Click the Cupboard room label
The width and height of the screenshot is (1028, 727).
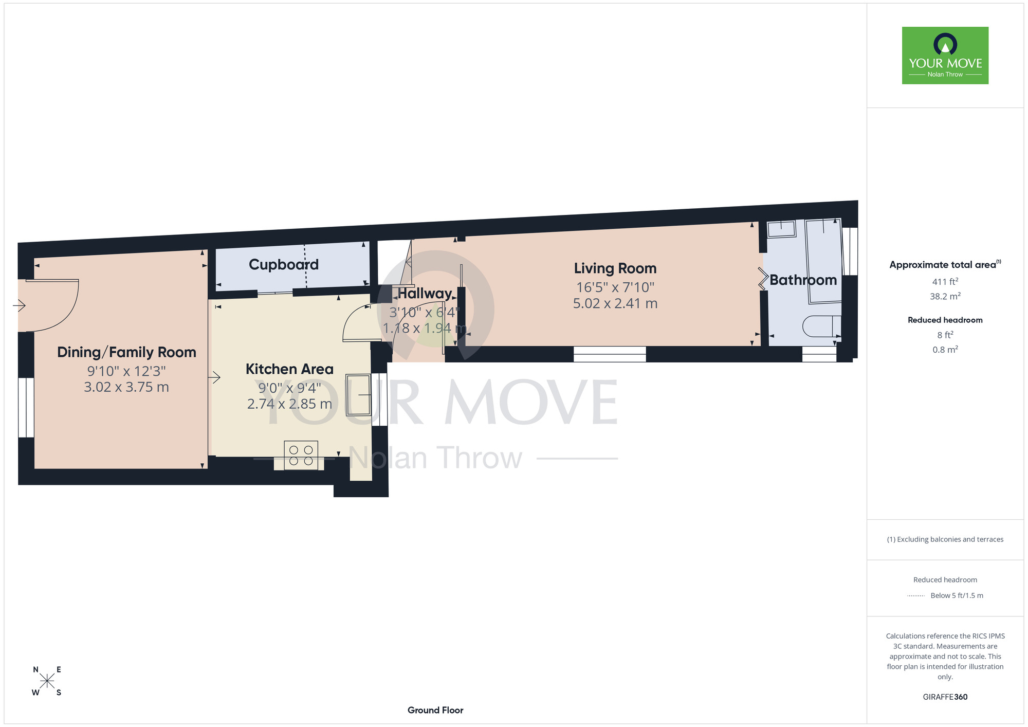[284, 265]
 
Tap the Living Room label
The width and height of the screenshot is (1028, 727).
[615, 268]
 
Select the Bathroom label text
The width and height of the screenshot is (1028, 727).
[803, 280]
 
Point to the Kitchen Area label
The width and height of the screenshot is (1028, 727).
[289, 369]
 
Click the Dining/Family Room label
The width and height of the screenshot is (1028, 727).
[126, 352]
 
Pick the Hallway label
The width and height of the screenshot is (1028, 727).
[425, 294]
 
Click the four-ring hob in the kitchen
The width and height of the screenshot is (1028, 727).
[301, 456]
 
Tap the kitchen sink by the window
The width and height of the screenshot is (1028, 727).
[358, 395]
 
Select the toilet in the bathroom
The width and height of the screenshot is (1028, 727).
[822, 326]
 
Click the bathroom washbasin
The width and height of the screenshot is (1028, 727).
[781, 229]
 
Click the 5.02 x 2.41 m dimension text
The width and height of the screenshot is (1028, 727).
[615, 304]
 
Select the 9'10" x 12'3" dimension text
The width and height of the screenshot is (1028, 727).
[126, 371]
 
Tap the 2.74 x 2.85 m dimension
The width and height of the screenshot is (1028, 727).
[289, 404]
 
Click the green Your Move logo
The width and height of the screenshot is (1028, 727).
[945, 56]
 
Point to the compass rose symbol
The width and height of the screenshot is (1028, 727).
[47, 681]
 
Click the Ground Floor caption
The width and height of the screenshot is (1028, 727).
[435, 710]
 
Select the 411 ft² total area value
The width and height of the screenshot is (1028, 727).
[945, 282]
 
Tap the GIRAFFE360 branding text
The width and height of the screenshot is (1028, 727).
[945, 697]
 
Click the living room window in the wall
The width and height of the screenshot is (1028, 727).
[610, 354]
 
